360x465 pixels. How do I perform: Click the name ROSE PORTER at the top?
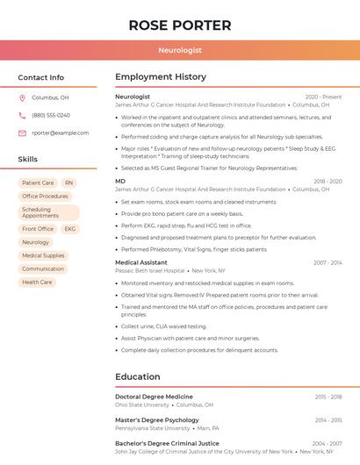[180, 25]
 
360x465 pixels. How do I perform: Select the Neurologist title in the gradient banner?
[180, 51]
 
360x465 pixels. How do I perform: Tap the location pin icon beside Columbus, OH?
[23, 98]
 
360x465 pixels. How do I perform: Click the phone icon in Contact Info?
[23, 115]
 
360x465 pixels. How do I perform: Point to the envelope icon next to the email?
[23, 132]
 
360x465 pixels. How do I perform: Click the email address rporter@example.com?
[61, 132]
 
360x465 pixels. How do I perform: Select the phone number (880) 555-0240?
[51, 115]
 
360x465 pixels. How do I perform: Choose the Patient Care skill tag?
[38, 183]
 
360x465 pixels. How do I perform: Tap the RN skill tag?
[68, 183]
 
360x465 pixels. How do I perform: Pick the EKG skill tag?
[70, 229]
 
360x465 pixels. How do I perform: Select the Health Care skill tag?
[37, 283]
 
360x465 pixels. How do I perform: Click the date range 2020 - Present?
[323, 97]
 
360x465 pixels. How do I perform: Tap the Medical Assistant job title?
[140, 262]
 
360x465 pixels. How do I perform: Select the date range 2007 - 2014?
[328, 262]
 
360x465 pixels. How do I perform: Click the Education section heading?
[138, 377]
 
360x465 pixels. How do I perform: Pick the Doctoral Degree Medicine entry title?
[154, 397]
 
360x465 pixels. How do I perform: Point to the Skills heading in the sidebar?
[28, 160]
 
